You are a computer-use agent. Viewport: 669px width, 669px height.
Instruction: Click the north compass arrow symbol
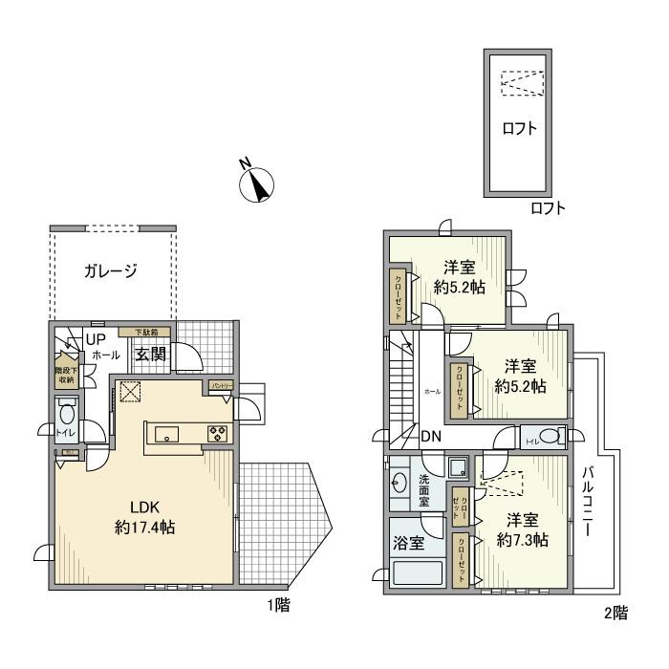coord(256,183)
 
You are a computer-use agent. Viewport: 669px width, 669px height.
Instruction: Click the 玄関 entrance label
coord(150,355)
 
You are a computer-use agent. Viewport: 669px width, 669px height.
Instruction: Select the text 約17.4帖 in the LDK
coord(144,527)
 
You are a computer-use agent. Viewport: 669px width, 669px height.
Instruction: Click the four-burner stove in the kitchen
coord(216,435)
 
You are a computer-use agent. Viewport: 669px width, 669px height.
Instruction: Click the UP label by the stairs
coord(96,339)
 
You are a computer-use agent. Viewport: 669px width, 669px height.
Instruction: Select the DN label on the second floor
coord(431,437)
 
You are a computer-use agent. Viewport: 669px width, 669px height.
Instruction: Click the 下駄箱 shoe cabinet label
coord(144,332)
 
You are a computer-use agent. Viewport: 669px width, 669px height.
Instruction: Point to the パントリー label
coord(222,385)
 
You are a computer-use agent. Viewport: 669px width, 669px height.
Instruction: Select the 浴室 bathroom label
coord(403,540)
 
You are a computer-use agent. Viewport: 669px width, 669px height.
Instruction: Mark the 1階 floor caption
coord(279,604)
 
